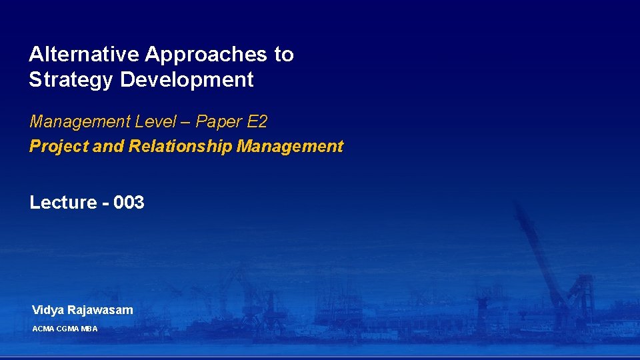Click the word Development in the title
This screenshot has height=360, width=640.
point(187,80)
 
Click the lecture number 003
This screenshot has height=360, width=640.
point(129,203)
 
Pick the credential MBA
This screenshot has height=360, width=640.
point(89,329)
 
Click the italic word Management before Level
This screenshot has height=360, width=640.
point(79,122)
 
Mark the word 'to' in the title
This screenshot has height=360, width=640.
point(284,55)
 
